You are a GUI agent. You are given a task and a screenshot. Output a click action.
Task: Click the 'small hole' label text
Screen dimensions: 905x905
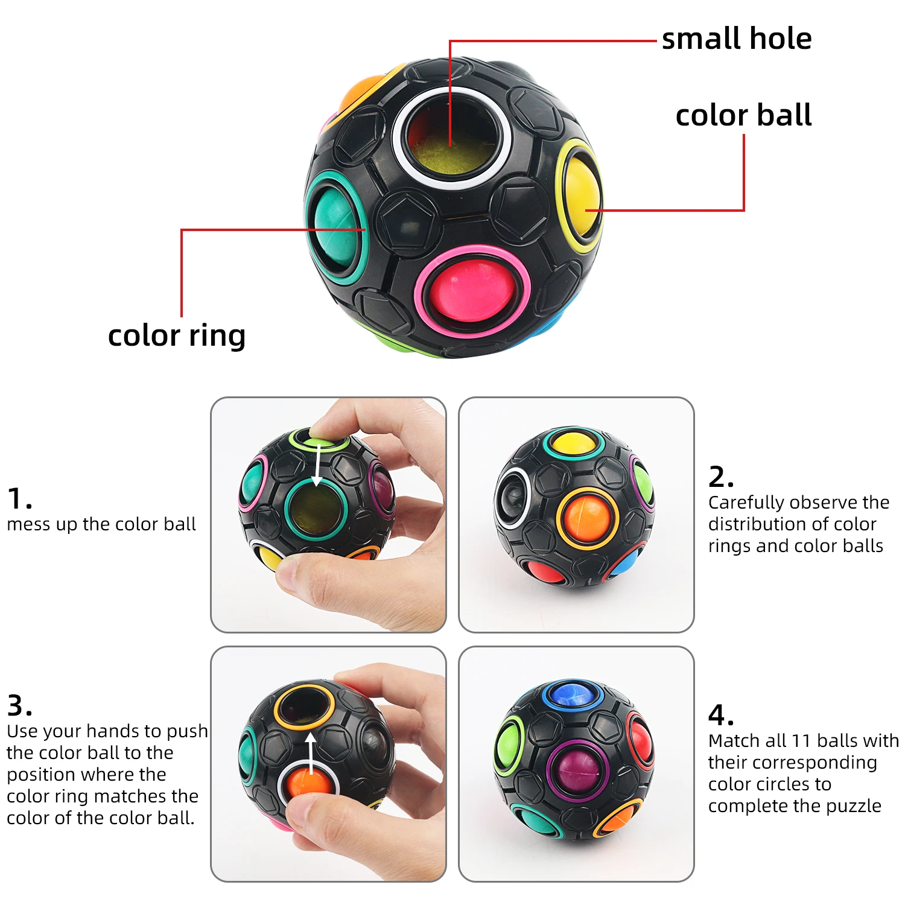click(x=736, y=39)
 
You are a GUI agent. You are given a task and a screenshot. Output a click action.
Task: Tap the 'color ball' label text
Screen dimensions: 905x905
click(x=743, y=115)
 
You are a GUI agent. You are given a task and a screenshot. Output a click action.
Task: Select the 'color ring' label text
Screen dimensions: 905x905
click(x=176, y=335)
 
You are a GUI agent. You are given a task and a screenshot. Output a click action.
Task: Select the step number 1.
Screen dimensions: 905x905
click(x=19, y=500)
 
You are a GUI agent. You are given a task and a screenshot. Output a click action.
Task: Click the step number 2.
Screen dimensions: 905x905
click(x=720, y=477)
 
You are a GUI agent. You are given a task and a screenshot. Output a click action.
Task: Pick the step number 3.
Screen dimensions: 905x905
click(x=19, y=705)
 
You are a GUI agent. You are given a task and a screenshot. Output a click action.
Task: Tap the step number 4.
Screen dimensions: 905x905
click(x=720, y=716)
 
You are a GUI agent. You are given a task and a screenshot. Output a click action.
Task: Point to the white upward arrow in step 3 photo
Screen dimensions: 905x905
click(x=311, y=754)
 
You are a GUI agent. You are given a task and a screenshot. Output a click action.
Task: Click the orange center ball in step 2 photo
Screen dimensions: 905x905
click(x=587, y=518)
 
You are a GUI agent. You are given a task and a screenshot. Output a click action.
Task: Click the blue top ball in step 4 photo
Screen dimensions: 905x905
click(x=571, y=694)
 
